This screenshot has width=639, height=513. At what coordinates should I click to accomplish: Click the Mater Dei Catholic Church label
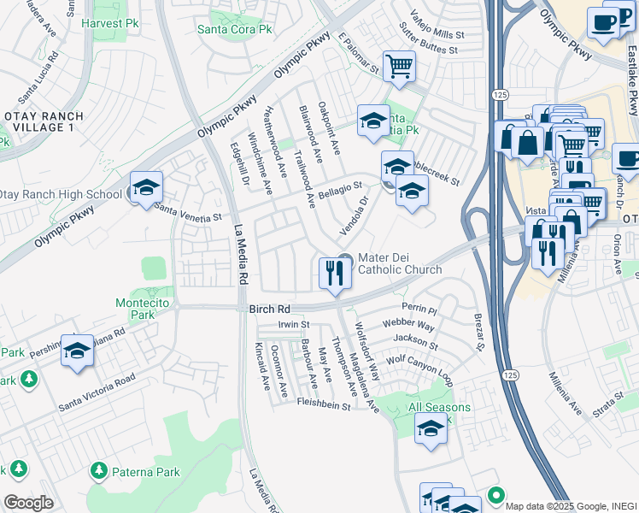pos(400,263)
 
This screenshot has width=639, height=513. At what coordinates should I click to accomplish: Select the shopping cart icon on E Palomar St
pos(399,66)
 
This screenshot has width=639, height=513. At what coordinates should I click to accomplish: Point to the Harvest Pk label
pos(108,23)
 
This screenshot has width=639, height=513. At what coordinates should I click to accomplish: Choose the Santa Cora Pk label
pos(234,29)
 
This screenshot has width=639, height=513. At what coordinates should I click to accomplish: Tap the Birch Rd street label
pos(270,309)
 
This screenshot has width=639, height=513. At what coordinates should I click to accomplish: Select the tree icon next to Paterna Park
pos(99,471)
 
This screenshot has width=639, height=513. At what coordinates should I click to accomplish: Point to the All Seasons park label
pos(439,407)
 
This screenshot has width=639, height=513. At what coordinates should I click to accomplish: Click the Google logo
pos(28,503)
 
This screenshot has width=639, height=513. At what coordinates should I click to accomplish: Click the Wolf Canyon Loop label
pos(419,363)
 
